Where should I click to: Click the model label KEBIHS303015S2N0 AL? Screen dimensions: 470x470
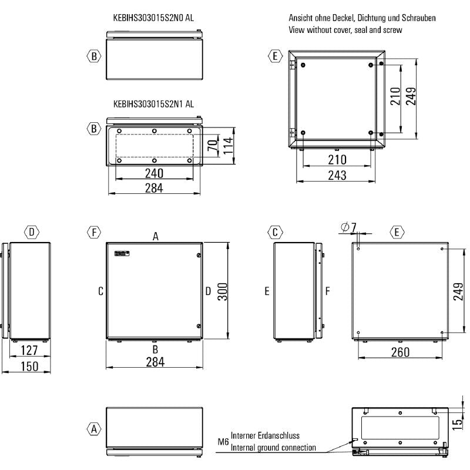(153, 18)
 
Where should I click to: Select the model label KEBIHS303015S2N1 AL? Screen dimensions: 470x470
(153, 105)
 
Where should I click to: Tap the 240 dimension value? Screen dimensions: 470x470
(154, 174)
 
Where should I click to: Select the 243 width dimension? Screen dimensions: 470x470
(337, 174)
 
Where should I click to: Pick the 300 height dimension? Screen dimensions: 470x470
(223, 291)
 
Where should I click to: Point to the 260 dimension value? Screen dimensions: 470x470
(399, 352)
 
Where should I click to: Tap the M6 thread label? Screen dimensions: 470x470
(223, 441)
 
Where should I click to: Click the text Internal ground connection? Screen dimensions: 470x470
(273, 448)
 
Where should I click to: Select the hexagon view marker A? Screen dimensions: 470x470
(93, 429)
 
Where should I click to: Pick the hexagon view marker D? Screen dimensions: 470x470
(32, 232)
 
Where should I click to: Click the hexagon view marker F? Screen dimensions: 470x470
(93, 232)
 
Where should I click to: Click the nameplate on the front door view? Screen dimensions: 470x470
(120, 253)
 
